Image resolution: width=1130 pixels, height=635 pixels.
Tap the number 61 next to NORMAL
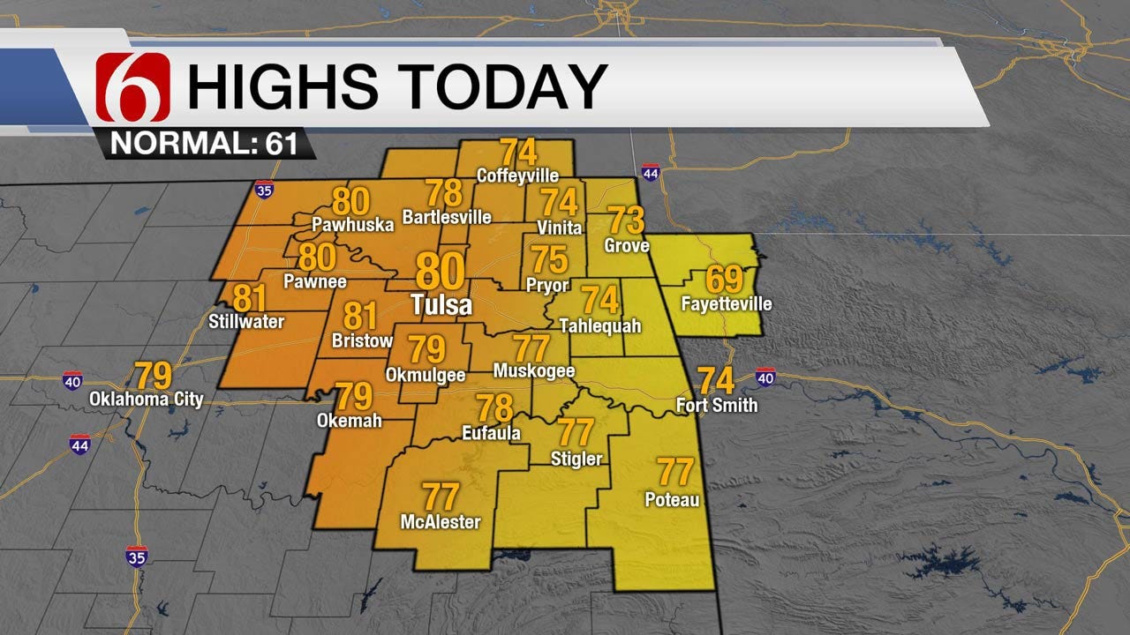click(282, 144)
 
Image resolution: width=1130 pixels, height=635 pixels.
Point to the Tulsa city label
click(441, 305)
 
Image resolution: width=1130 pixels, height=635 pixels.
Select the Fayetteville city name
click(727, 304)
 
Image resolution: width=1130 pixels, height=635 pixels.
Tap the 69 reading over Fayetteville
click(724, 280)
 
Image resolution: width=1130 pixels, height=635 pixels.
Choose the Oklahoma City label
click(147, 400)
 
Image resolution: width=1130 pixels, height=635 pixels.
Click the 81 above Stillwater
click(250, 298)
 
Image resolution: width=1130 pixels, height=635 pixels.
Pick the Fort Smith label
click(716, 406)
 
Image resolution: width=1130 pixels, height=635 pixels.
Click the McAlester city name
click(441, 522)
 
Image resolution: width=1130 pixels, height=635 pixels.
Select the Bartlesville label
click(447, 216)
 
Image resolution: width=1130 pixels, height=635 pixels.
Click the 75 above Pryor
click(549, 261)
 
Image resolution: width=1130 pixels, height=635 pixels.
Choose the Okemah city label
click(350, 421)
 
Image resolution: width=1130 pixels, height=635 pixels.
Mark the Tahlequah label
click(600, 326)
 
